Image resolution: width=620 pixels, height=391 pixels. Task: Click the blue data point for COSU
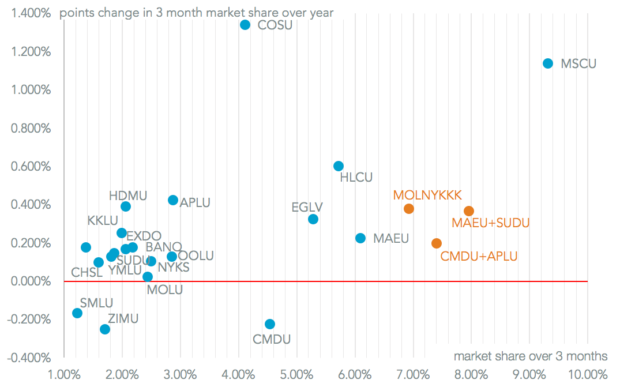tap(245, 25)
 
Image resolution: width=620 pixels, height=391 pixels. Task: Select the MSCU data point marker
tap(548, 63)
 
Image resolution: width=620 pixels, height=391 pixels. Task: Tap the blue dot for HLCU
tap(339, 166)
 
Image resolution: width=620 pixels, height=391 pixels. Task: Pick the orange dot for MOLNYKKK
tap(409, 209)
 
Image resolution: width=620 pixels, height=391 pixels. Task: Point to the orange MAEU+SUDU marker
tap(468, 211)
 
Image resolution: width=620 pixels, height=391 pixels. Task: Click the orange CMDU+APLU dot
tap(437, 243)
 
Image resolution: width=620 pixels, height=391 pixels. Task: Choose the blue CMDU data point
tap(269, 324)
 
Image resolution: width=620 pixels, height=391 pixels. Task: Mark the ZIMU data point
tap(105, 329)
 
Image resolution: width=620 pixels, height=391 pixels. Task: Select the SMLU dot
tap(77, 313)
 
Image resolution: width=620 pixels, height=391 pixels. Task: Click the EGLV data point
tap(313, 219)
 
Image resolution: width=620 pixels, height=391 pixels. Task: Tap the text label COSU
tap(275, 25)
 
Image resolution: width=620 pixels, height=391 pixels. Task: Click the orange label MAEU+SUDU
tap(490, 223)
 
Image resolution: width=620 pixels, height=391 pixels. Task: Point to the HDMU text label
tap(127, 195)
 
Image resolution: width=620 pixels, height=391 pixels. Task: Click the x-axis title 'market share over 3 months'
tap(530, 356)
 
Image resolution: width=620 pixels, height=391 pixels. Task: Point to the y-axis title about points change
tap(197, 13)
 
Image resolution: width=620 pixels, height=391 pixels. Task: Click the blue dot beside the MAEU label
tap(360, 238)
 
